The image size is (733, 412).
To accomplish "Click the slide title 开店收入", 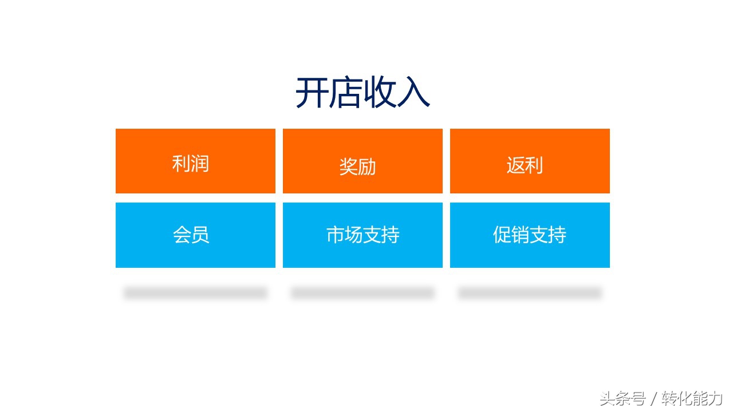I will (362, 93).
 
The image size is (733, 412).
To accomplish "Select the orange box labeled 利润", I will (195, 161).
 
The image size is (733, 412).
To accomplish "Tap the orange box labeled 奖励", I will (362, 161).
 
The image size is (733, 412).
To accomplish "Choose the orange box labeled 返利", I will (530, 161).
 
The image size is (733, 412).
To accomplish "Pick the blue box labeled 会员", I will (195, 235).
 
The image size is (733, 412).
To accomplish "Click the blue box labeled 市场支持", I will (362, 235).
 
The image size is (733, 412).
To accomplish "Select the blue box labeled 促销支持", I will (530, 235).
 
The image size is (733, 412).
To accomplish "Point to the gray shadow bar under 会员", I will (195, 293).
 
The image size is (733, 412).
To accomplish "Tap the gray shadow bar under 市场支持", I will (362, 293).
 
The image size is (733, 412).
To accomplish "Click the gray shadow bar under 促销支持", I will (530, 293).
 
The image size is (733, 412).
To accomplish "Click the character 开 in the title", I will (312, 93).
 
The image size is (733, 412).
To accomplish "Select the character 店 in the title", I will (345, 93).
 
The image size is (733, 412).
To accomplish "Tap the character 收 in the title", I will (379, 93).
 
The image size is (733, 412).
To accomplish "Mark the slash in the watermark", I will (653, 398).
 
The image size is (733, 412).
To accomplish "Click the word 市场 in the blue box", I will (344, 235).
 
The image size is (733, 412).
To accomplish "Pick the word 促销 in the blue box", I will (511, 235).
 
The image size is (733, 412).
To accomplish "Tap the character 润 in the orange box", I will (200, 164).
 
